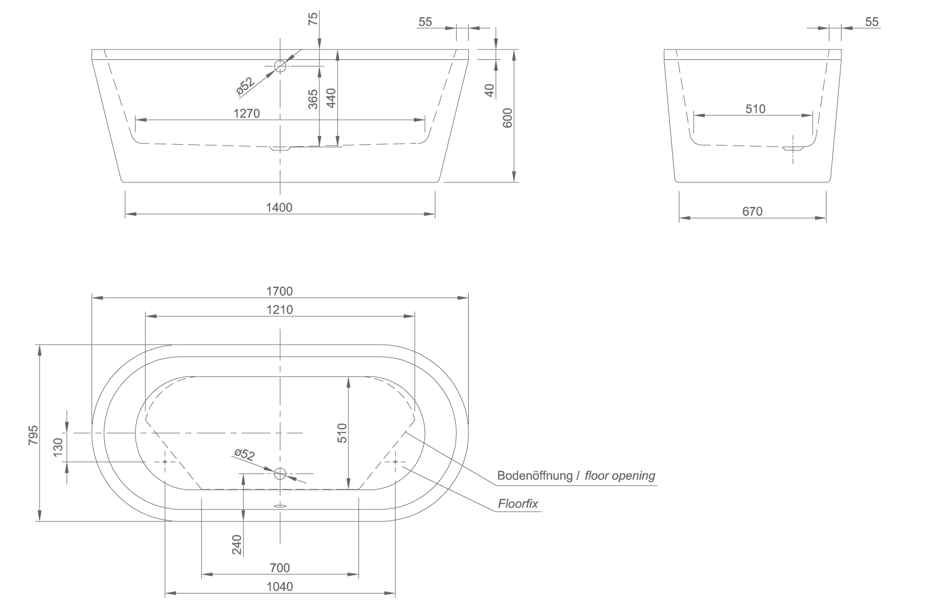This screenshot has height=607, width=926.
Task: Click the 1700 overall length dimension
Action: [279, 291]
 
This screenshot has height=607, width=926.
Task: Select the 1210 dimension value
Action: [280, 310]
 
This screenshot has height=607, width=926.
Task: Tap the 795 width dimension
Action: [33, 435]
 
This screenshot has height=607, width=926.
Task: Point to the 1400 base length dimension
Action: [279, 208]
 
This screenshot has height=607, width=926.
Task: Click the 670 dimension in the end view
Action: [752, 211]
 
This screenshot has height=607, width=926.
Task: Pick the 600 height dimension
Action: [508, 118]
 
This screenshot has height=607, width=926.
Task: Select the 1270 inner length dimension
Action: [247, 113]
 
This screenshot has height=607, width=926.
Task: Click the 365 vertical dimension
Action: [313, 99]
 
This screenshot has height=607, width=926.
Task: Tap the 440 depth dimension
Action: [332, 98]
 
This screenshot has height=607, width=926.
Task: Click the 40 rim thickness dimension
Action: [489, 90]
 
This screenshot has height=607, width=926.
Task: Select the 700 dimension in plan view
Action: [280, 568]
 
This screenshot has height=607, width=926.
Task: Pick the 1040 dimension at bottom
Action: [280, 587]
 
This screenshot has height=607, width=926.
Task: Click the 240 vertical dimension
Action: [237, 545]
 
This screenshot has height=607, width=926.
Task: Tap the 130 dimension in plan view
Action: [58, 447]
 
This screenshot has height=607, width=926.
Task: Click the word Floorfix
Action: [518, 504]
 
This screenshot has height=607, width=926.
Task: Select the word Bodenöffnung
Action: [535, 476]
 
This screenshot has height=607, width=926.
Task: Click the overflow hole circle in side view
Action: [281, 65]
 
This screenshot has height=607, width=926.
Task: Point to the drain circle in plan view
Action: [281, 474]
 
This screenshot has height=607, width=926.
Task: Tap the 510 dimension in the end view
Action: [755, 109]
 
